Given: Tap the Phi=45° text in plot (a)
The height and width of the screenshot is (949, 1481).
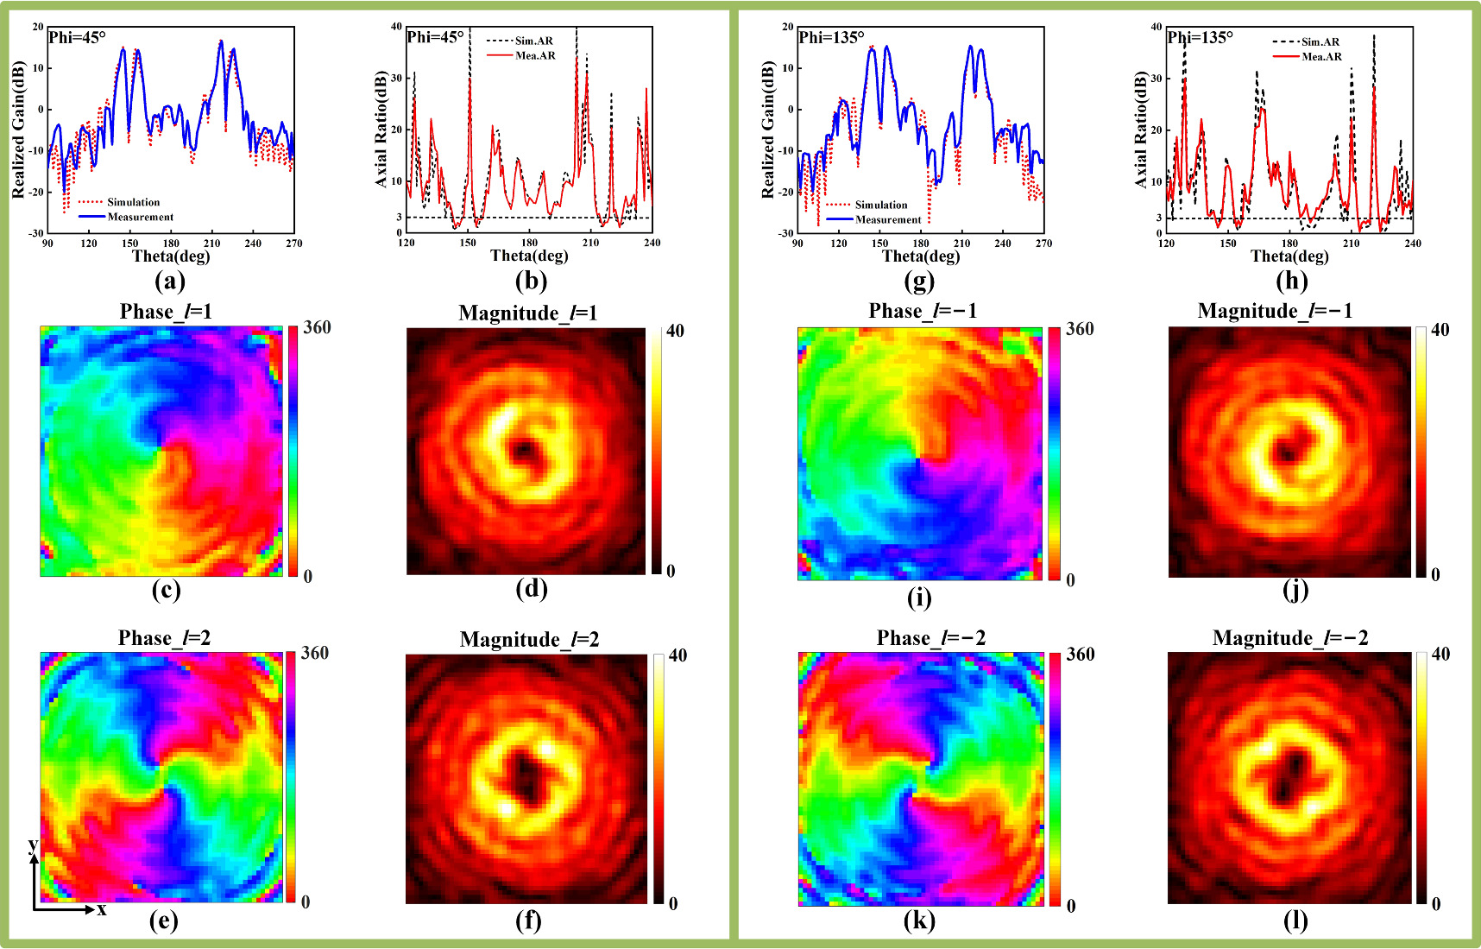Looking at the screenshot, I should coord(78,37).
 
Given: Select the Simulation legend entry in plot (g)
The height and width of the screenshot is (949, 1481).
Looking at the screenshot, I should coord(880,205).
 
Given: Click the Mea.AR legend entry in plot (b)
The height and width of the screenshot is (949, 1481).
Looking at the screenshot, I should coord(535,55).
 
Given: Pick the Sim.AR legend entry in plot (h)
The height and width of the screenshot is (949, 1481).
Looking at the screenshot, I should coord(1320,41).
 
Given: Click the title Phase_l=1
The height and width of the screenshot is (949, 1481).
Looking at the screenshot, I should coord(166,312).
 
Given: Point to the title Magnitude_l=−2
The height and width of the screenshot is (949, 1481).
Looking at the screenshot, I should coord(1290,638).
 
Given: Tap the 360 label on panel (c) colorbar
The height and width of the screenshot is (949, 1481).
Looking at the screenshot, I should coord(317,327).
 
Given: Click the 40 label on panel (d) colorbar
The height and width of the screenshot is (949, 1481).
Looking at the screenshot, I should coord(675,331).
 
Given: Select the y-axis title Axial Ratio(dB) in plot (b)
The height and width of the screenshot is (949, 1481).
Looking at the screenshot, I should coord(381,130).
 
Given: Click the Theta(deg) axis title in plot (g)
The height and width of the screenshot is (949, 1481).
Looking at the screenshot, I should coord(920,256).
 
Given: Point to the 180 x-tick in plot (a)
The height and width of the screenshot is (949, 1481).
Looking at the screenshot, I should coord(171,244).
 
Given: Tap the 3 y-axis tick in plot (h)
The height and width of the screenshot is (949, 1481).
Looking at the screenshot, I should coord(1158,218).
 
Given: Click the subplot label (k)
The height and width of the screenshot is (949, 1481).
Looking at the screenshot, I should coord(919,921).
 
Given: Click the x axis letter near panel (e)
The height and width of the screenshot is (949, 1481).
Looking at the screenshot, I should coord(102,909).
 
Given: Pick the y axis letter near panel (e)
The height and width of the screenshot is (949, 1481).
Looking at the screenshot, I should coord(32,844).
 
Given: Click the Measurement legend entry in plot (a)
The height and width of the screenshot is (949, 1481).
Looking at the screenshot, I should coord(140,217).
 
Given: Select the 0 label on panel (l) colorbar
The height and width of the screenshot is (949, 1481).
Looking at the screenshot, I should coord(1436,904).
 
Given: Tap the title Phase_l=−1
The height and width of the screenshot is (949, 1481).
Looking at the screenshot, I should coord(923,311).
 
